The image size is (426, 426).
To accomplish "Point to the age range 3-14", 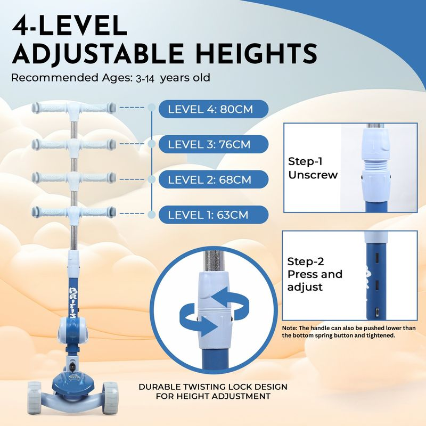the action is pyautogui.click(x=145, y=79).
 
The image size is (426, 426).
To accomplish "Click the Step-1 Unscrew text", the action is pyautogui.click(x=313, y=168).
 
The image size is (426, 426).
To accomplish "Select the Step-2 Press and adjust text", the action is pyautogui.click(x=315, y=274).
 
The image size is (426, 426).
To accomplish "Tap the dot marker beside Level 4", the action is pyautogui.click(x=152, y=108).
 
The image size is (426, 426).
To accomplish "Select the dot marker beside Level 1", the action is pyautogui.click(x=152, y=215).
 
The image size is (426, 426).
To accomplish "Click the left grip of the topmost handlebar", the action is pyautogui.click(x=49, y=108).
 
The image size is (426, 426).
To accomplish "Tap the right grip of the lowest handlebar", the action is pyautogui.click(x=99, y=211).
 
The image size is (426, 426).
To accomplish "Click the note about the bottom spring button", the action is pyautogui.click(x=349, y=331).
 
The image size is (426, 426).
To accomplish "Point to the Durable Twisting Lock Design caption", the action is pyautogui.click(x=213, y=391).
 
